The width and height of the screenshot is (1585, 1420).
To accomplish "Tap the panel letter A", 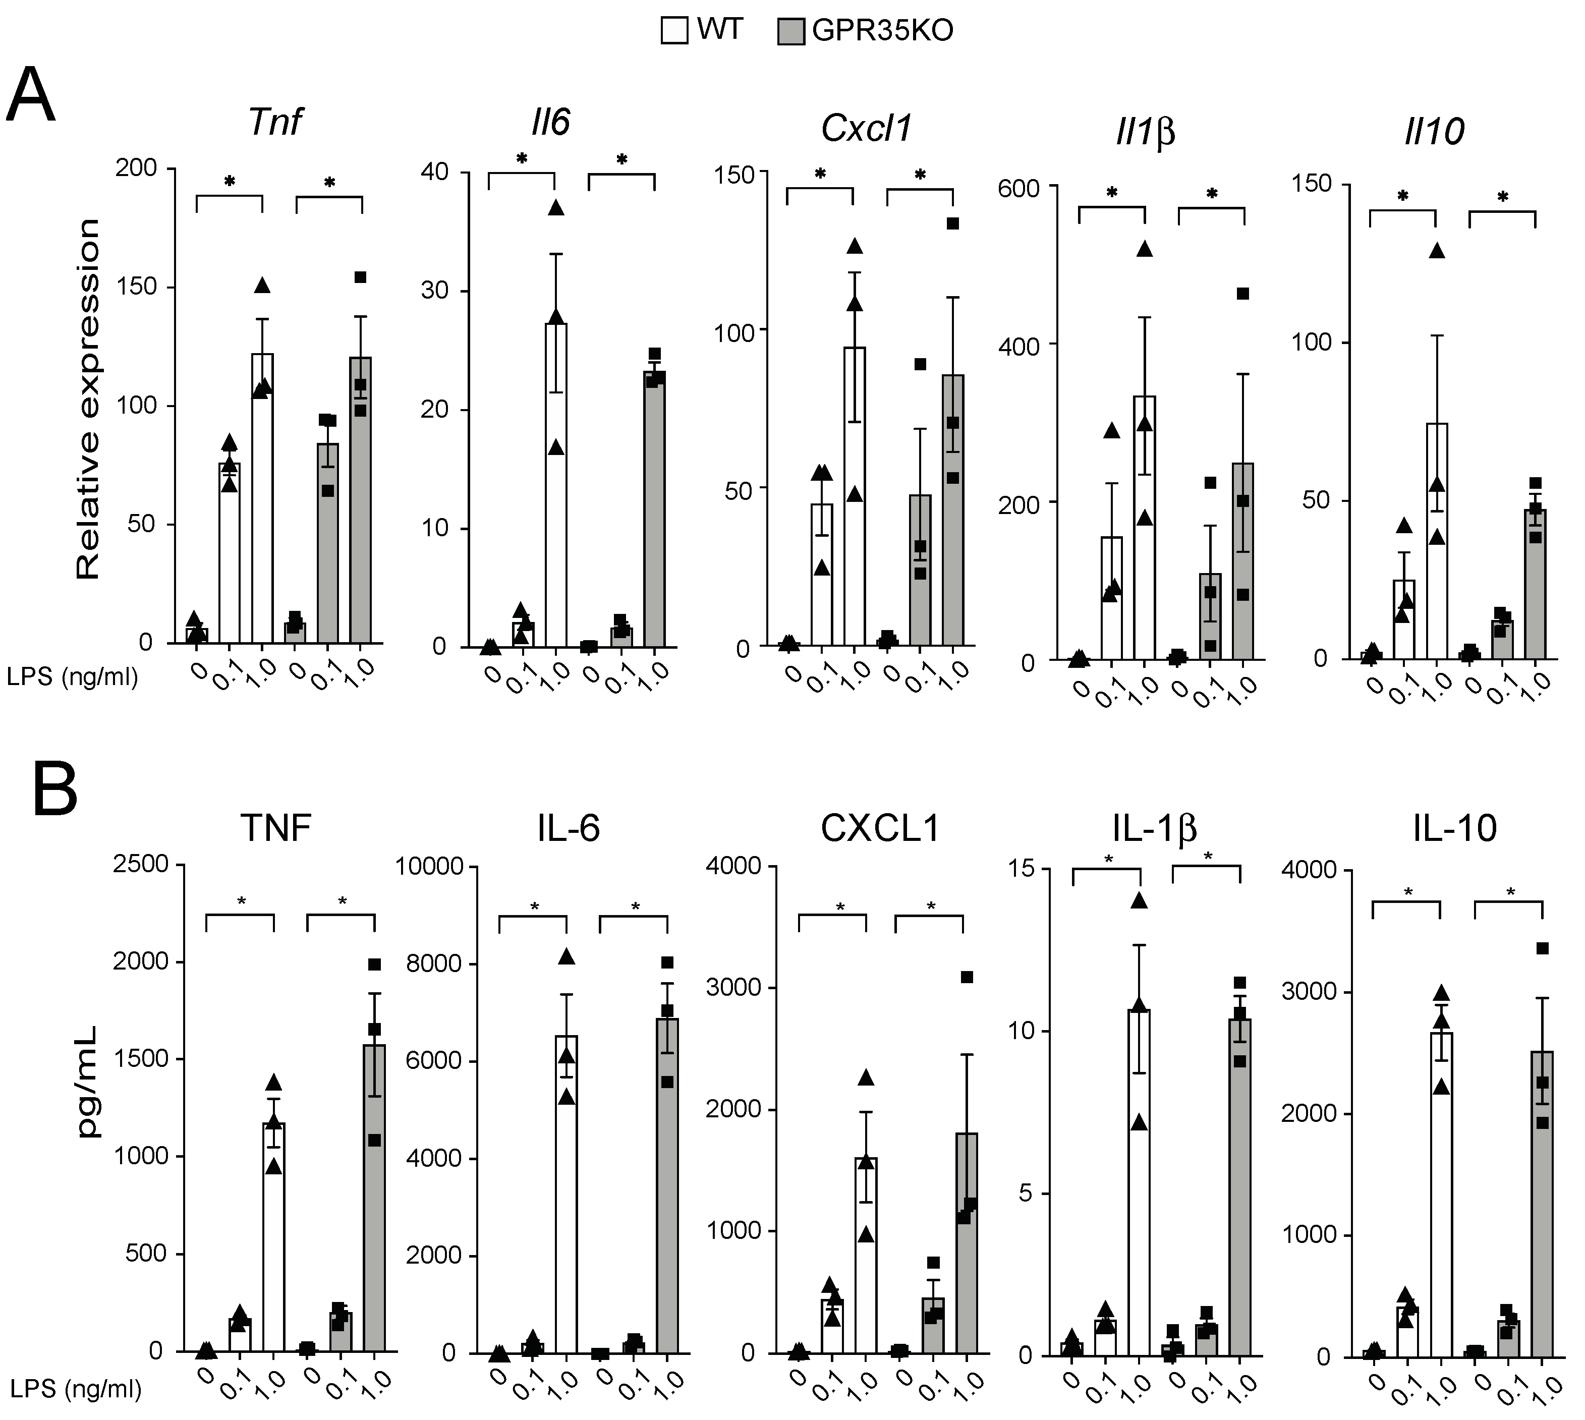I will [31, 96].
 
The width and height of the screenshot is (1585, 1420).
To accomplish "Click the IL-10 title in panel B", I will [1455, 828].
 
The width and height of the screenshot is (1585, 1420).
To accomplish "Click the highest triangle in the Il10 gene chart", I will [1436, 250].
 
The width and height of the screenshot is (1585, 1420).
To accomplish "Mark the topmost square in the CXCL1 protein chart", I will [967, 977].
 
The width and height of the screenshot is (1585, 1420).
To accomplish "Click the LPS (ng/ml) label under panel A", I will [73, 677].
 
